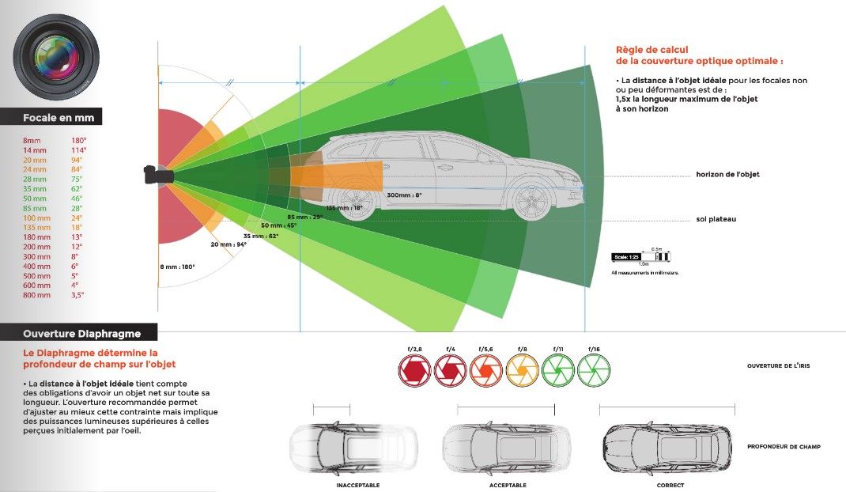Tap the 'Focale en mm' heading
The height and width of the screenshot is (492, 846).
click(x=59, y=118)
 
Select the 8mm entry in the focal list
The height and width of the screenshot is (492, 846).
click(x=32, y=140)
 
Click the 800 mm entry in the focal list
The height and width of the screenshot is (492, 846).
click(x=36, y=294)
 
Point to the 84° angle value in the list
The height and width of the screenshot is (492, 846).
click(x=77, y=169)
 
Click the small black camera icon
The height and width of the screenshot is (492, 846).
click(x=155, y=174)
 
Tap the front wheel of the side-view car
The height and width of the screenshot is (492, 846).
click(x=531, y=201)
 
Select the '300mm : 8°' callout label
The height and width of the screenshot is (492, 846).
click(x=404, y=195)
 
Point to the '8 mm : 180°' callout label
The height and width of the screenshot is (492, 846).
click(x=178, y=266)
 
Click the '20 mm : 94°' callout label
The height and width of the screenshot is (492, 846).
click(x=228, y=244)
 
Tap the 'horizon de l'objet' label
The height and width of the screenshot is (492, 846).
click(x=727, y=174)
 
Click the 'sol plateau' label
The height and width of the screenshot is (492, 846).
click(x=716, y=219)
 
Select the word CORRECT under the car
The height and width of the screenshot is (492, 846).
click(x=670, y=485)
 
